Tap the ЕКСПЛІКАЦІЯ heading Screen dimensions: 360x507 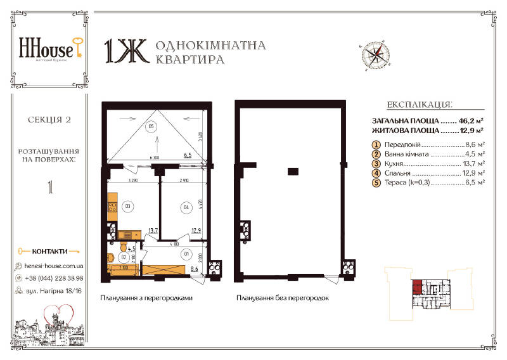[419, 105]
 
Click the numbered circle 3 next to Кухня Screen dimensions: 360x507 [376, 164]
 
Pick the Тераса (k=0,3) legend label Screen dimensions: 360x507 [408, 183]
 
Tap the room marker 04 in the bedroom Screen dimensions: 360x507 [186, 206]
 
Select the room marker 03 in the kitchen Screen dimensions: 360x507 [127, 206]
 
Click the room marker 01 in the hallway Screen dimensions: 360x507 [186, 255]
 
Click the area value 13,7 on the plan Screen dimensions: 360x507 [153, 233]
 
